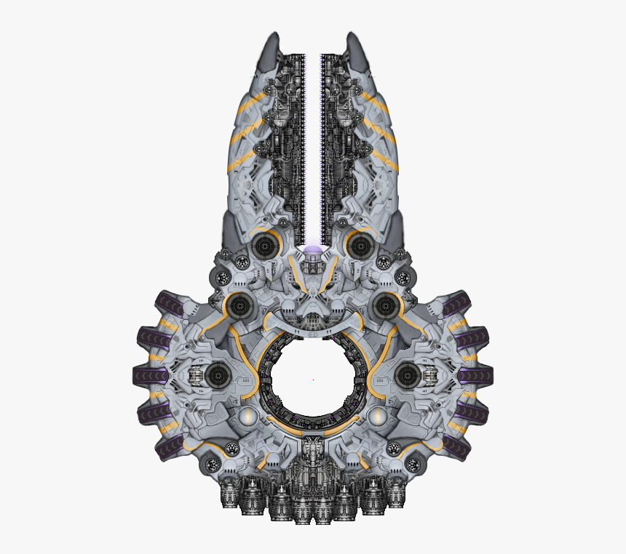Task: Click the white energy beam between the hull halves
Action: [x=314, y=145]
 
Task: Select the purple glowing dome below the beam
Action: [x=313, y=252]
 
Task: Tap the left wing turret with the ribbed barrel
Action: [x=216, y=375]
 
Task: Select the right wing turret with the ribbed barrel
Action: [x=408, y=375]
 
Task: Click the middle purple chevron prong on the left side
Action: [x=151, y=376]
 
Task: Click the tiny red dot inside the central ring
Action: [x=313, y=380]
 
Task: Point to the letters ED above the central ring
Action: [x=312, y=334]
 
